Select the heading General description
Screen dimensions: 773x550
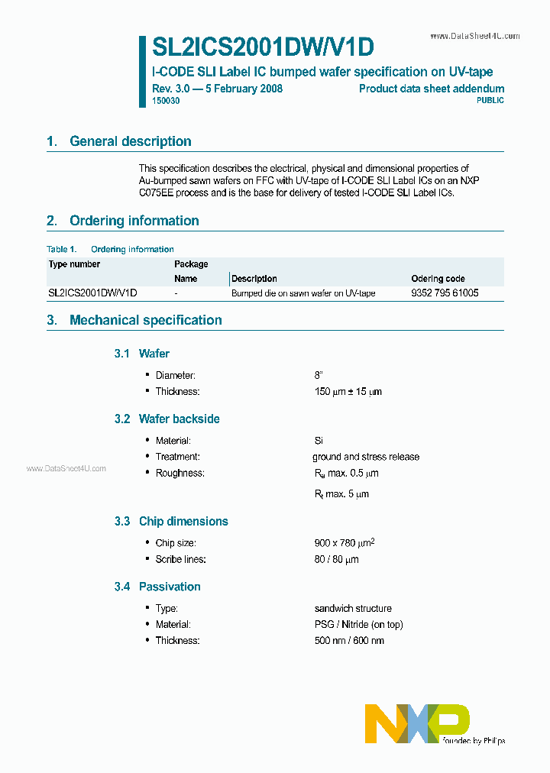click(130, 141)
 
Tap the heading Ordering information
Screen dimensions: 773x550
click(134, 221)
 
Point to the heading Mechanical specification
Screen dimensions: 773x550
click(145, 320)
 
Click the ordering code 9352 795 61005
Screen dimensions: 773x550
click(445, 293)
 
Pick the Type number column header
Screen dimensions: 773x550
click(74, 264)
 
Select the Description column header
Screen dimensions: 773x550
click(254, 279)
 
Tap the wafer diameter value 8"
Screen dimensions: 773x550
click(319, 375)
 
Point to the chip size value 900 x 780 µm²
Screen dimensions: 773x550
click(344, 542)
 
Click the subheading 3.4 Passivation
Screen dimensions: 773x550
click(170, 587)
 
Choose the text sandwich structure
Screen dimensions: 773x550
click(353, 609)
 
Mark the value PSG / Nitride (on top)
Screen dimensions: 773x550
click(358, 624)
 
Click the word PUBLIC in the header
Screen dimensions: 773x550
click(490, 101)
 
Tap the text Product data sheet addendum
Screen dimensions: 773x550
click(432, 89)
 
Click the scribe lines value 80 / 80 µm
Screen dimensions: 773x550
click(336, 559)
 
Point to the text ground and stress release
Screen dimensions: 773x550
click(366, 457)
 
